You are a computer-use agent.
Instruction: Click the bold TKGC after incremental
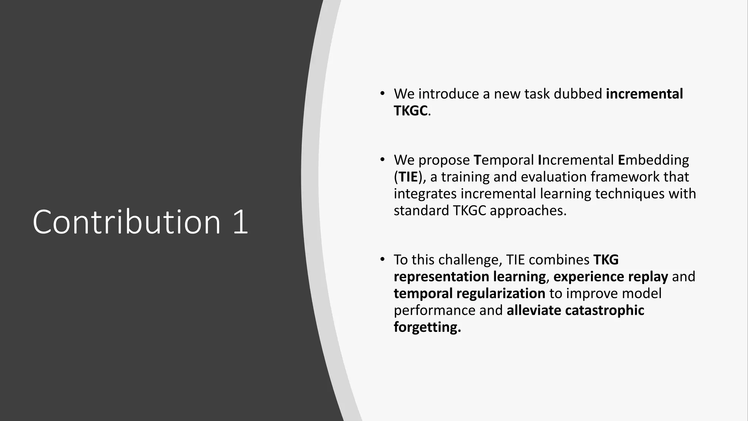click(x=411, y=110)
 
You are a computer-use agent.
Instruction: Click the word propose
click(x=444, y=160)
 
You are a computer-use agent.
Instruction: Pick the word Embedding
click(x=653, y=160)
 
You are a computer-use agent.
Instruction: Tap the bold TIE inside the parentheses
click(x=408, y=177)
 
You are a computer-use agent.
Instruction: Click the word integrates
click(x=425, y=194)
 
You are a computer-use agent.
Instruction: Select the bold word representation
click(x=441, y=277)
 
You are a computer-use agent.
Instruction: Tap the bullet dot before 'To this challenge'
click(x=382, y=259)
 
